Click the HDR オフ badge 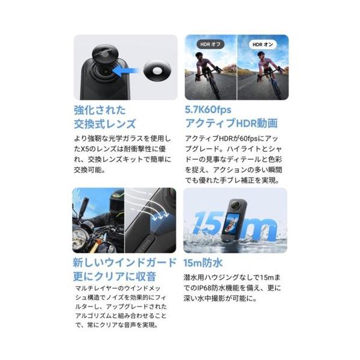tap(211, 44)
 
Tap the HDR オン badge tap(263, 44)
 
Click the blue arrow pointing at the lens tap(126, 71)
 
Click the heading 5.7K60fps tap(208, 110)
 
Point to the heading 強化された tap(100, 110)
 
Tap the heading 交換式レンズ tap(104, 124)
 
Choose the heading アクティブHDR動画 tap(231, 123)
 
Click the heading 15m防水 tap(203, 263)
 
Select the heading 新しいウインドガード tap(125, 262)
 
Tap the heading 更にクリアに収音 tap(115, 276)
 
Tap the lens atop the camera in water tap(235, 203)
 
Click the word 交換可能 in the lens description tap(88, 170)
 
